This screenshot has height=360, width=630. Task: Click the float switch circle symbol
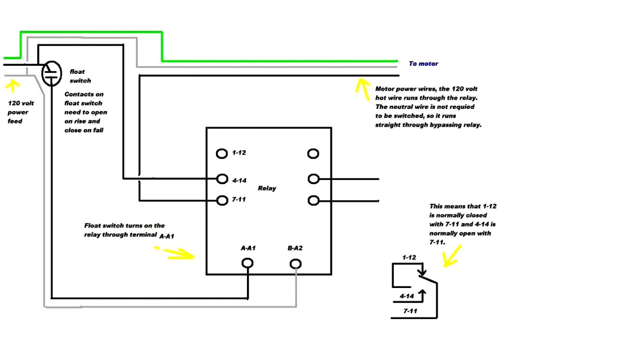(52, 74)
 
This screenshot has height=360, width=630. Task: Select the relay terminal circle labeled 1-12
(222, 153)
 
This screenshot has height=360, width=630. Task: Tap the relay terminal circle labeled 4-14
(222, 179)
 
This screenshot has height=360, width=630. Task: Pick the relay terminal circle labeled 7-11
(222, 200)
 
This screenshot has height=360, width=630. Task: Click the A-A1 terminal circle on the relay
(247, 263)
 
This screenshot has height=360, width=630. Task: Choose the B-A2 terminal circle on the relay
(296, 264)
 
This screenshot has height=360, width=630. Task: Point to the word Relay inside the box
(267, 188)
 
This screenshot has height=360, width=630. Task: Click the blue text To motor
(423, 64)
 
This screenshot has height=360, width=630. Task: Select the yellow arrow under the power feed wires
(13, 85)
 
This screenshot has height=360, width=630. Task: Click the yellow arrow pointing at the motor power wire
(362, 88)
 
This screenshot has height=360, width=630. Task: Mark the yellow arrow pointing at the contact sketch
(452, 256)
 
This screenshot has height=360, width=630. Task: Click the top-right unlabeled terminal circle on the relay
(313, 154)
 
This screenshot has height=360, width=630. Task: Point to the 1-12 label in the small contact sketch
(409, 257)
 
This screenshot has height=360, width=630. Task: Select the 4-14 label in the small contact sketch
(407, 296)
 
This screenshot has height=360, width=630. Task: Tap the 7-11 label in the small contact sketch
(410, 311)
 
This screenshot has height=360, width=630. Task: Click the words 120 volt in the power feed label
(21, 103)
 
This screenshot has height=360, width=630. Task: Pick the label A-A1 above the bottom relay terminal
(248, 248)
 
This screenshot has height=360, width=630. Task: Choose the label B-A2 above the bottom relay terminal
(295, 248)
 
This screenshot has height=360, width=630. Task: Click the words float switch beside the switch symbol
(80, 76)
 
